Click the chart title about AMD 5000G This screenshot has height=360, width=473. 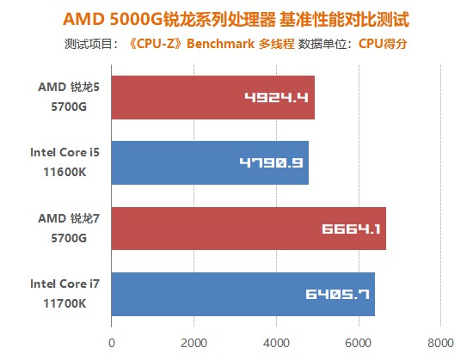point(236,18)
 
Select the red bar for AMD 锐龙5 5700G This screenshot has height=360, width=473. point(212,97)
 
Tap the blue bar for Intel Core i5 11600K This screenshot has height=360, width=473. point(209,162)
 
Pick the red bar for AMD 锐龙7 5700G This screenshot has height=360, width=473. point(248,229)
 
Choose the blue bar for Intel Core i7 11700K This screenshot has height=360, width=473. point(243,294)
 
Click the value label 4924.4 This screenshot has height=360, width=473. point(276,97)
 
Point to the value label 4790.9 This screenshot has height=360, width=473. point(270,162)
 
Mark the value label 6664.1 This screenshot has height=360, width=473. point(351,229)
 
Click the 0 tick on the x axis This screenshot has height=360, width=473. point(111,342)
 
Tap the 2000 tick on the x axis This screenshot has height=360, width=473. point(193,342)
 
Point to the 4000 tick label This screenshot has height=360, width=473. point(276,342)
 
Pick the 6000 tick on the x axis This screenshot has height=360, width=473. point(358,342)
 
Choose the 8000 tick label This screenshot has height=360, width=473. point(440,342)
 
